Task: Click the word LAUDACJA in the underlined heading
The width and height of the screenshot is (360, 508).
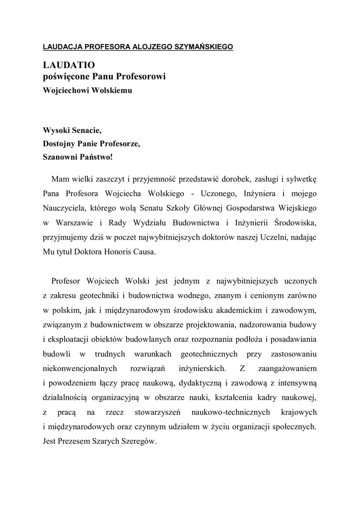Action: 63,47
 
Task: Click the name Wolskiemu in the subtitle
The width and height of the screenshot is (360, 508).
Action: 112,91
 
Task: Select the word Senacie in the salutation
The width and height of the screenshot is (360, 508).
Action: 86,131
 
